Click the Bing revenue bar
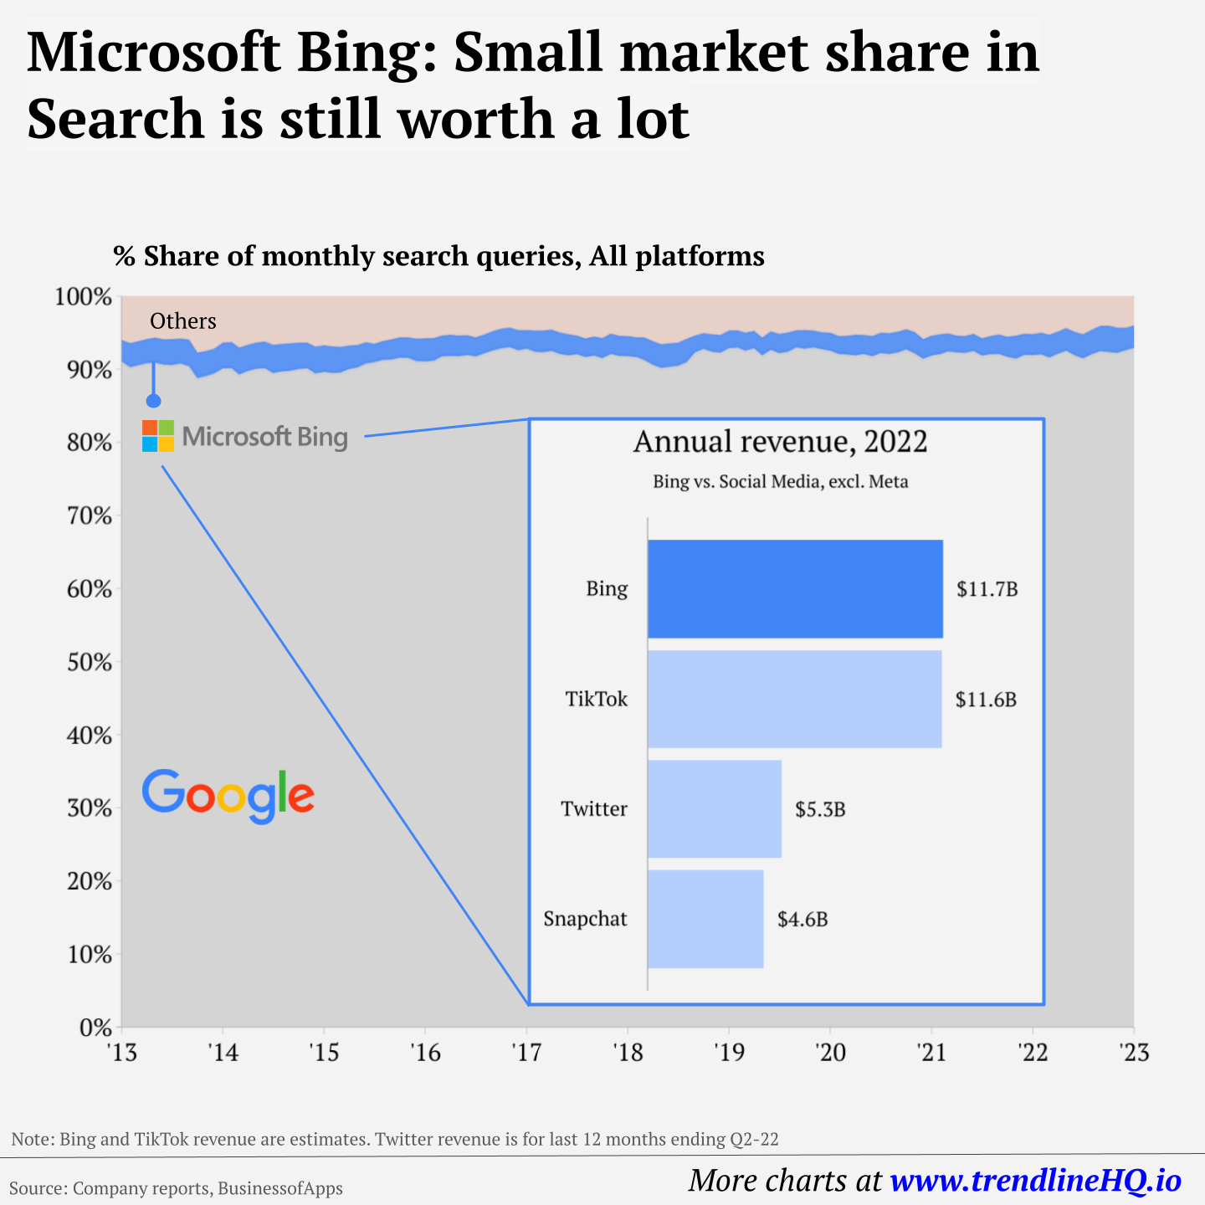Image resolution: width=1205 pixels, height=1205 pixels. coord(795,589)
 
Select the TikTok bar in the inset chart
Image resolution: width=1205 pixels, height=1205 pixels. coord(794,699)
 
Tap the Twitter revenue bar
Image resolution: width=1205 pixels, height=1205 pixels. coord(715,809)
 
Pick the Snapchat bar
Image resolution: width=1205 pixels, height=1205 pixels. coord(705,919)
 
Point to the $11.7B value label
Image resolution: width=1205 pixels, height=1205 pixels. coord(987,589)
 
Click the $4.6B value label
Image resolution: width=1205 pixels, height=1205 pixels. coord(802,920)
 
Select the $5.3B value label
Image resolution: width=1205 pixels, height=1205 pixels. coord(820,809)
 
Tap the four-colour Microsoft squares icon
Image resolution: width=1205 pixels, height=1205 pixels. coord(158,436)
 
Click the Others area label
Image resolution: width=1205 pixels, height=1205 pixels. coord(182,321)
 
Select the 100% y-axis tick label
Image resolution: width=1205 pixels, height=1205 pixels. coord(84,297)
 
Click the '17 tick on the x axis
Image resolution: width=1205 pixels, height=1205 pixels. coord(526,1052)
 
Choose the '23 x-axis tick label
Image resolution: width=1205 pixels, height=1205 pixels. coord(1133,1052)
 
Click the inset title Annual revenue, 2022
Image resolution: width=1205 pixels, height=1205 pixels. coord(780,442)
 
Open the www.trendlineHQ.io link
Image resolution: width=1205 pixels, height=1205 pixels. coord(1035,1181)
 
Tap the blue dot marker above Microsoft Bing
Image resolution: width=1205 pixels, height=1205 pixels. coord(153,401)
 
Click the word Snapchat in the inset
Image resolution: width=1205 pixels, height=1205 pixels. coord(585,919)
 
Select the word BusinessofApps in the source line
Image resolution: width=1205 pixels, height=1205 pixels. coord(280,1188)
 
